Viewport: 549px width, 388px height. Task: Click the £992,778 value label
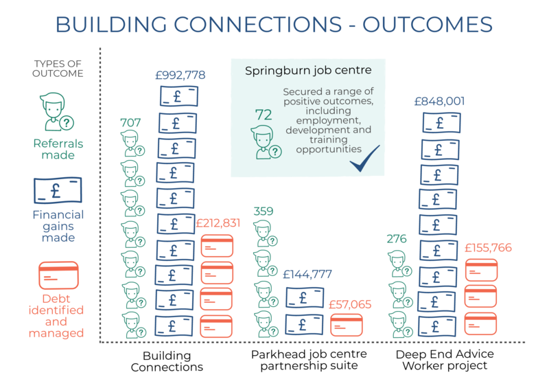tap(180, 75)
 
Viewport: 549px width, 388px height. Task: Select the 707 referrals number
tap(130, 123)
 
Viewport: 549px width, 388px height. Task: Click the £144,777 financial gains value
tap(307, 274)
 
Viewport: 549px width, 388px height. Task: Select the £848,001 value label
tap(439, 102)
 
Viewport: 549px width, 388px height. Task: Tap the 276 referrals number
tap(397, 239)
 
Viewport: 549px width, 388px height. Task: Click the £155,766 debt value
tap(488, 249)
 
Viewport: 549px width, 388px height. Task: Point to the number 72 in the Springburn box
tap(263, 115)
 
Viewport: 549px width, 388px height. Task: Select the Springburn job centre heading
tap(309, 70)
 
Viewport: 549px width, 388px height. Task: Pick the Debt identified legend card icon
tap(57, 276)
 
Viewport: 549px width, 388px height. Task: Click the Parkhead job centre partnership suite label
tap(309, 360)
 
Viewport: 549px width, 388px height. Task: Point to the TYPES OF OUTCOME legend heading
tap(58, 69)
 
